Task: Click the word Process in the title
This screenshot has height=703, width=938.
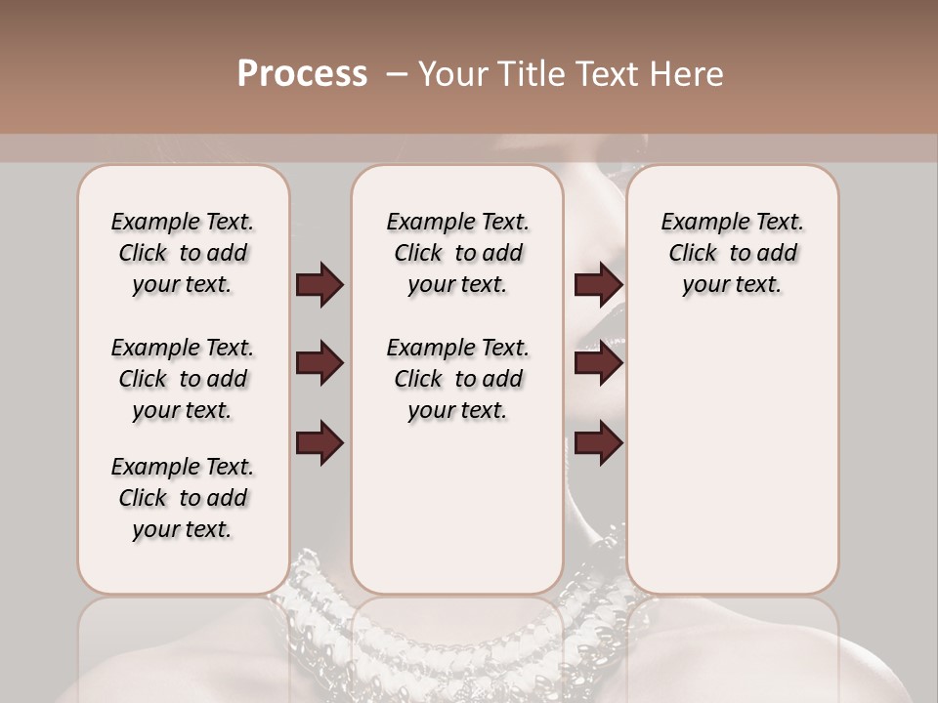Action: (x=302, y=74)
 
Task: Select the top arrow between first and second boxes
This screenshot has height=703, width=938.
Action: (x=320, y=285)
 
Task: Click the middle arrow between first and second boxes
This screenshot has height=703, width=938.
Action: (x=320, y=364)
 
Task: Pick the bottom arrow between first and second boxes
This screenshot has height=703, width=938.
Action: (x=320, y=443)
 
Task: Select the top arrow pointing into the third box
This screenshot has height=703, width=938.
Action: (x=598, y=285)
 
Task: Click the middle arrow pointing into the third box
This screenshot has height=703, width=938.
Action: (x=598, y=364)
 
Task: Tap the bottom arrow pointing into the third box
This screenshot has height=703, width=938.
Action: (x=598, y=443)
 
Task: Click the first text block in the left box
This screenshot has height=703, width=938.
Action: (x=183, y=253)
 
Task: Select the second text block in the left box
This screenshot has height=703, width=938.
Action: (x=183, y=379)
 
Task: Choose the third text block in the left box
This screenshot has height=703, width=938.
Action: (x=183, y=498)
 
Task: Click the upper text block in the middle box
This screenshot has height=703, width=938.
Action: (x=457, y=253)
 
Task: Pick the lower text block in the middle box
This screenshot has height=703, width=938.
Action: (x=457, y=379)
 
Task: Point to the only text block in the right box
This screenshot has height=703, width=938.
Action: (x=732, y=253)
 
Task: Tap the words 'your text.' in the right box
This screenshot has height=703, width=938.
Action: (x=732, y=285)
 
